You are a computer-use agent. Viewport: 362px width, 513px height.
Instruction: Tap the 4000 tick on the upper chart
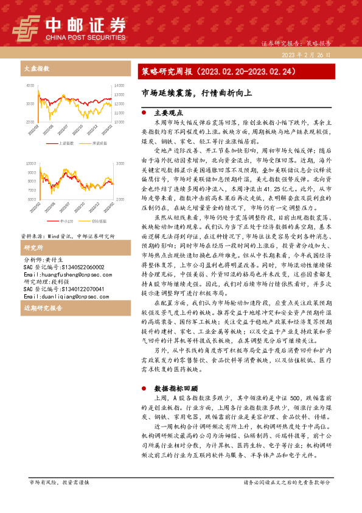coord(30,86)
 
